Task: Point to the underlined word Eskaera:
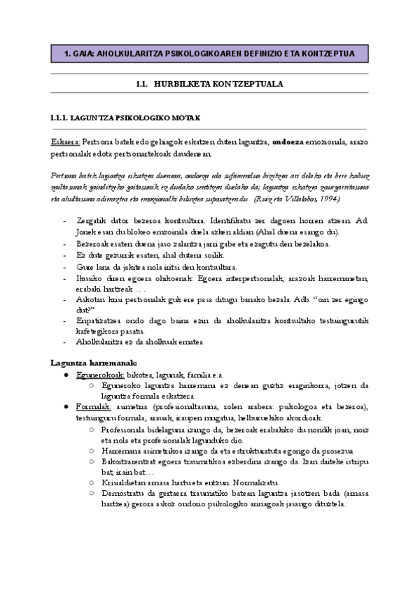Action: pos(65,142)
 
